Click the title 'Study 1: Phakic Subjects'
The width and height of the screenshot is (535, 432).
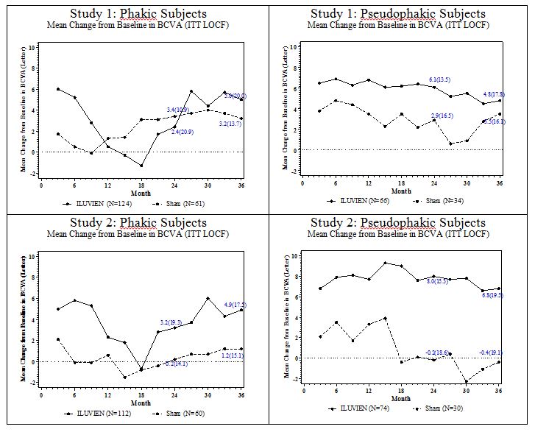pyautogui.click(x=138, y=14)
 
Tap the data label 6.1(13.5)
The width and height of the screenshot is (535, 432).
pyautogui.click(x=439, y=79)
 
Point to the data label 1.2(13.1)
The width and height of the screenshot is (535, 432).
pyautogui.click(x=234, y=355)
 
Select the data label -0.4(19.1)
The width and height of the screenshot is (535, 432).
pyautogui.click(x=492, y=352)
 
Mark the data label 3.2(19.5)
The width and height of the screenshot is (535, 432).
pyautogui.click(x=171, y=322)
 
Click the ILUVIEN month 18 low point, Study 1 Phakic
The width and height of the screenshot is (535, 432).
pyautogui.click(x=141, y=166)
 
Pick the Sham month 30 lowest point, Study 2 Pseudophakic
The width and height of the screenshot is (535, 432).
pyautogui.click(x=466, y=381)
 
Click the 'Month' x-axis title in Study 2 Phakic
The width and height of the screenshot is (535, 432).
pyautogui.click(x=141, y=403)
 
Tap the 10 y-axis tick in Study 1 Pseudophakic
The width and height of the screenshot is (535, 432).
pyautogui.click(x=294, y=46)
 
